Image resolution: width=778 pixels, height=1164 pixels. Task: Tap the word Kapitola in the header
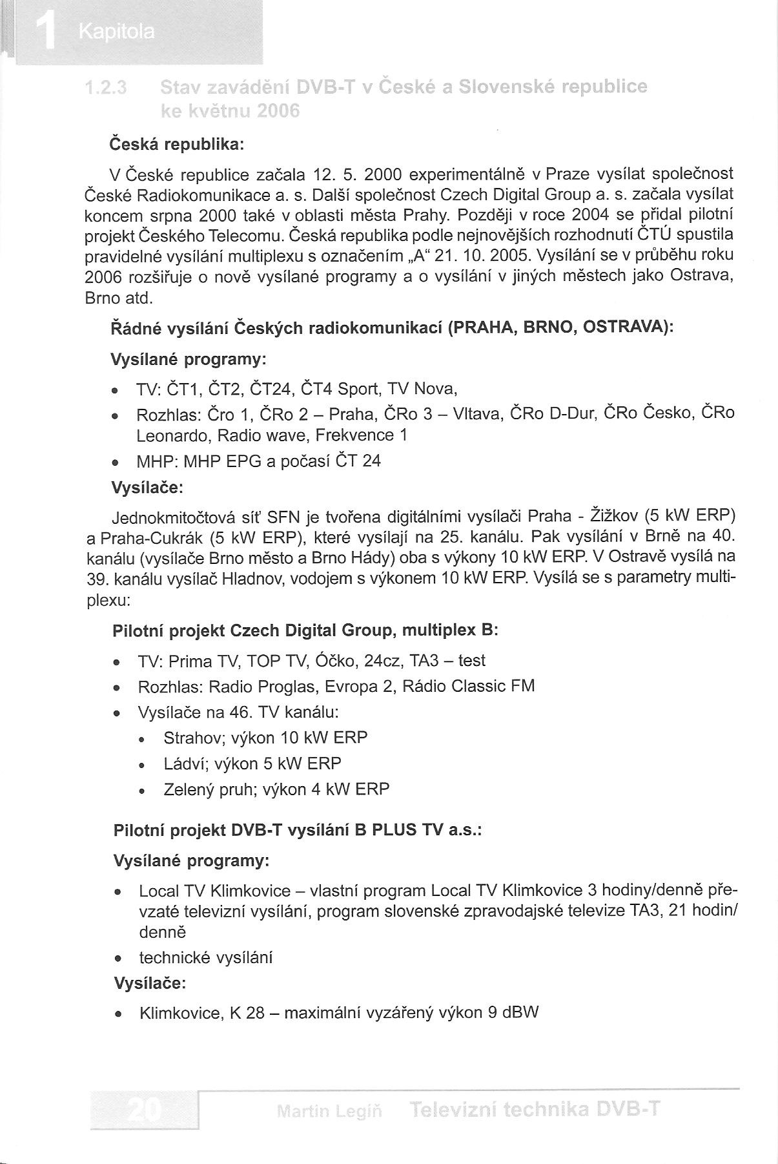click(x=116, y=32)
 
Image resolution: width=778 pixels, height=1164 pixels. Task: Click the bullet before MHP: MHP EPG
click(x=115, y=462)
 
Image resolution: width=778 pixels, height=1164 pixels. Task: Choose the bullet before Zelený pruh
click(x=141, y=791)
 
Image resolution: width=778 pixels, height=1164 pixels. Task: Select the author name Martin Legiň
click(x=329, y=1111)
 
